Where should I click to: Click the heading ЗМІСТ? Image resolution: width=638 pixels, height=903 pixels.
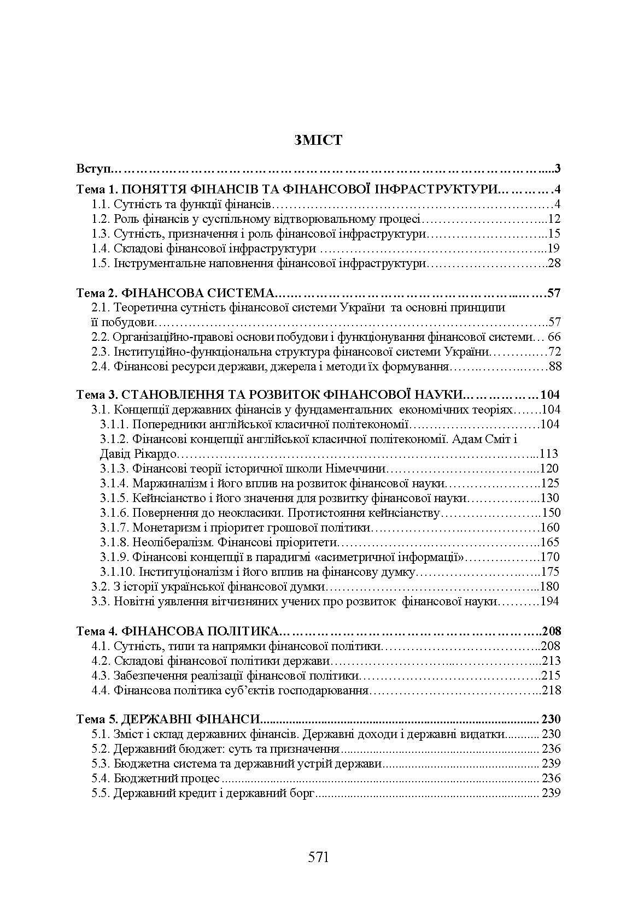(x=318, y=140)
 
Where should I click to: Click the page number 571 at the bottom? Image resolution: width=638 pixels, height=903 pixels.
(x=318, y=857)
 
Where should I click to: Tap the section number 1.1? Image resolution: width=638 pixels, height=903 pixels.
(x=101, y=205)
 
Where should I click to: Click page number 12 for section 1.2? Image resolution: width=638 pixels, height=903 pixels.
(x=554, y=220)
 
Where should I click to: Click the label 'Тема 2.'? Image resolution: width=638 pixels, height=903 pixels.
(x=94, y=293)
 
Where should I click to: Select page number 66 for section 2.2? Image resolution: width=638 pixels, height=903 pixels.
(x=554, y=337)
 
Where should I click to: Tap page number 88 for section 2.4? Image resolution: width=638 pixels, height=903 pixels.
(x=554, y=367)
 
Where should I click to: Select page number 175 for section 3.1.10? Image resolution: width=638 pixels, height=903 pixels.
(x=550, y=572)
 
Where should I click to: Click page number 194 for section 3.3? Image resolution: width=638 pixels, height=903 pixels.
(x=549, y=601)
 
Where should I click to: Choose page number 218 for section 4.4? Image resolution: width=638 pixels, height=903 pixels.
(x=551, y=690)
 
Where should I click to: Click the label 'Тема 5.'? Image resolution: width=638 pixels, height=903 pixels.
(x=94, y=719)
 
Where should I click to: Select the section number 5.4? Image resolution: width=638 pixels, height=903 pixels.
(x=101, y=778)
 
